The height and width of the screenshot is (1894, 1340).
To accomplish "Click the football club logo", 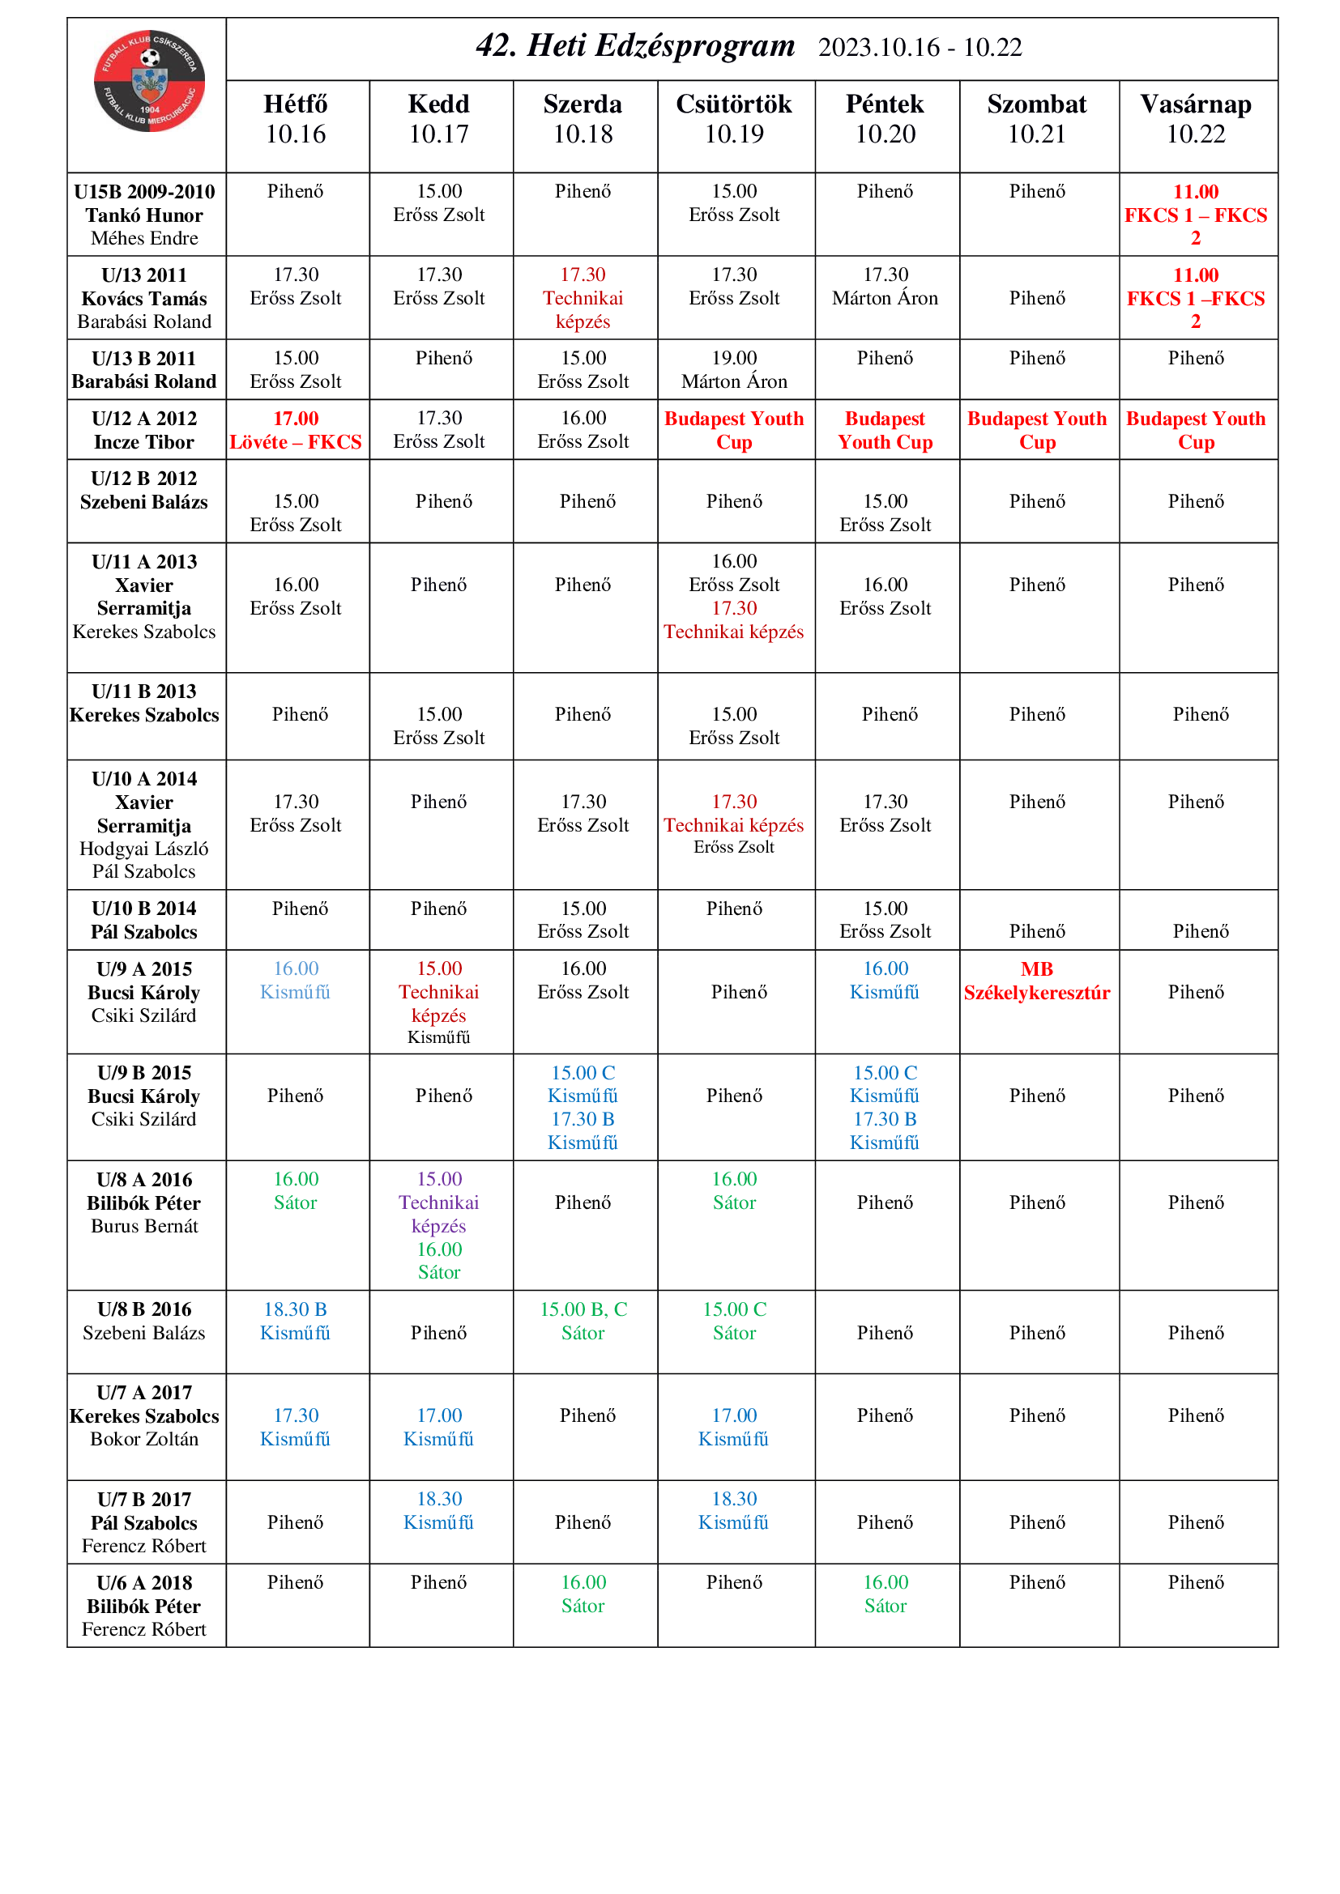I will point(148,81).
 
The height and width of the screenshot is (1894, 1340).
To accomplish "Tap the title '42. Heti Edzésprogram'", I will point(634,46).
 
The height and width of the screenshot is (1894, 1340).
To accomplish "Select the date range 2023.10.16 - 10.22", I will point(920,48).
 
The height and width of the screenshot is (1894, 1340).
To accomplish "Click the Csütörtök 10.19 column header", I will point(733,119).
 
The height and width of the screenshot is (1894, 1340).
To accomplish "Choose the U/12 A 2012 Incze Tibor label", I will point(144,430).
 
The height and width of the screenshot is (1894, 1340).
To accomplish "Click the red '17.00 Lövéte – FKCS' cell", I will point(296,430).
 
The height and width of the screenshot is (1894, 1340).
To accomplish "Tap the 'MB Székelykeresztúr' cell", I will point(1036,981).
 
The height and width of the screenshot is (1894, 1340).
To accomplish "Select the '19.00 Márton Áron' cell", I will point(733,369).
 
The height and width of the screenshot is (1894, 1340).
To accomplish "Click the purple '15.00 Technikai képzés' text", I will point(439,1202).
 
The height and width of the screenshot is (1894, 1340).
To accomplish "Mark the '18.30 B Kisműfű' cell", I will point(296,1321).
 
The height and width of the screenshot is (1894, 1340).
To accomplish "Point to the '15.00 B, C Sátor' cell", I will point(583,1321).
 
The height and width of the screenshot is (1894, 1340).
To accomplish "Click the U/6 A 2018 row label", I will point(144,1605).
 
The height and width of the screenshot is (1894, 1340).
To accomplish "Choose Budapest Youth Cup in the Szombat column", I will point(1036,430).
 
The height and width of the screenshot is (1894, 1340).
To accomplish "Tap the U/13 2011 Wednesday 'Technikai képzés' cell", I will point(583,298).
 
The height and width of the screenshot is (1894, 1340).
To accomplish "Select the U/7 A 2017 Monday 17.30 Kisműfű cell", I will point(296,1427).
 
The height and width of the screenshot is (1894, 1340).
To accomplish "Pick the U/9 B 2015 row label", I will point(144,1096).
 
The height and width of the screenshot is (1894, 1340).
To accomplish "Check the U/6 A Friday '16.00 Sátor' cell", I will point(885,1594).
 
